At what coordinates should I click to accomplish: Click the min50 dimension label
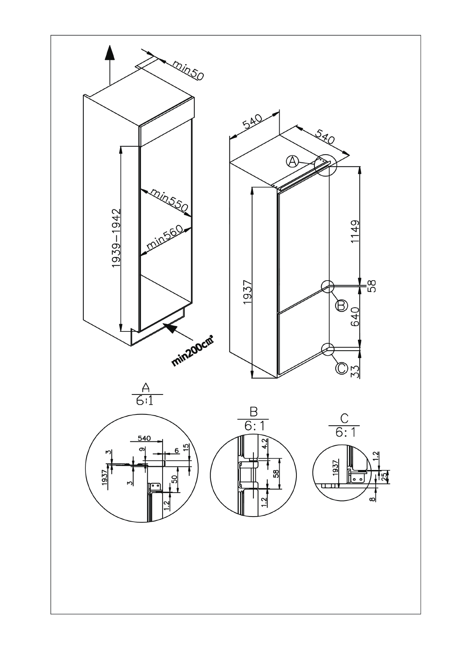tap(188, 70)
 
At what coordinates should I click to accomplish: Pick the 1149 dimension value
tap(355, 232)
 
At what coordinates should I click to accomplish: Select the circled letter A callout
tap(293, 160)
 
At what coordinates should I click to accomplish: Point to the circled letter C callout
tap(341, 368)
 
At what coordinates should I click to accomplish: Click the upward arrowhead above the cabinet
tap(110, 53)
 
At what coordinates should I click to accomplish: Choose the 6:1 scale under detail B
tap(253, 426)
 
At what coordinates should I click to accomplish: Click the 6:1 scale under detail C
tap(345, 432)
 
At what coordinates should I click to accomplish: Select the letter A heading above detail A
tap(146, 387)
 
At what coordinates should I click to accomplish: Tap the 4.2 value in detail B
tap(264, 443)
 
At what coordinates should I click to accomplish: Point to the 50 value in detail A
tap(175, 478)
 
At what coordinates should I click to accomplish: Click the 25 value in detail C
tap(384, 476)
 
